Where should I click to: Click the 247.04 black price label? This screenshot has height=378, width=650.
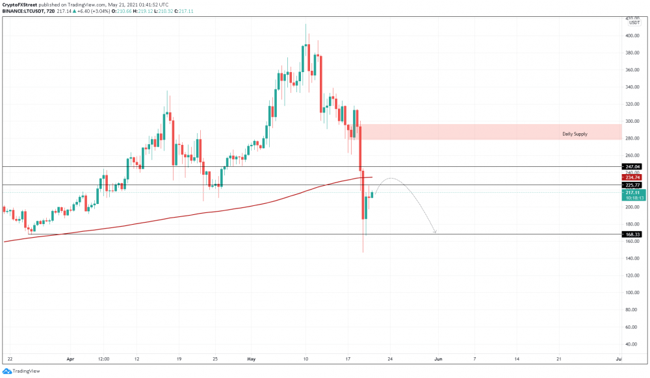click(x=632, y=166)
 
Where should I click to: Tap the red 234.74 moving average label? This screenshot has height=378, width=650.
click(x=632, y=177)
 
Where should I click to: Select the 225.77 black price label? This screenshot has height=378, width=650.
click(x=632, y=185)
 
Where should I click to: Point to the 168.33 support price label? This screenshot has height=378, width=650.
click(x=632, y=234)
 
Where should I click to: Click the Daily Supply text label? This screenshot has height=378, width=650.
click(x=575, y=134)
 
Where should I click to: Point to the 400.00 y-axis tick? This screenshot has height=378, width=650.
click(x=632, y=36)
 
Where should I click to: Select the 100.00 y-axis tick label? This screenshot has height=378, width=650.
click(x=632, y=292)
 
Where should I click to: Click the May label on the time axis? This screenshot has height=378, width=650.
click(x=251, y=359)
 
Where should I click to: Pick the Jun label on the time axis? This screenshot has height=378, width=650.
click(x=438, y=359)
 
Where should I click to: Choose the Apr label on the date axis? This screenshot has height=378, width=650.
click(x=70, y=359)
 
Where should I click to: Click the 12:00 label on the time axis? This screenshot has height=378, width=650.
click(x=103, y=359)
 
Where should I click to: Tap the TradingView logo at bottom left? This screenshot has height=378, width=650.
click(x=21, y=371)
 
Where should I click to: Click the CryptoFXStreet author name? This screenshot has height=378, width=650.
click(x=19, y=5)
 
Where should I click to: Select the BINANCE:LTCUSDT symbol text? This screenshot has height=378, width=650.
click(x=22, y=11)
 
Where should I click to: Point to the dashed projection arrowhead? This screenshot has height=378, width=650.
click(x=435, y=231)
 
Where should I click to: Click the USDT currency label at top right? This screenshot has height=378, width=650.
click(x=634, y=23)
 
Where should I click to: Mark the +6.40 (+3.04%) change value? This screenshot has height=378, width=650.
click(x=93, y=11)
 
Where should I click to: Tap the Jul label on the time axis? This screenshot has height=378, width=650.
click(x=619, y=359)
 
